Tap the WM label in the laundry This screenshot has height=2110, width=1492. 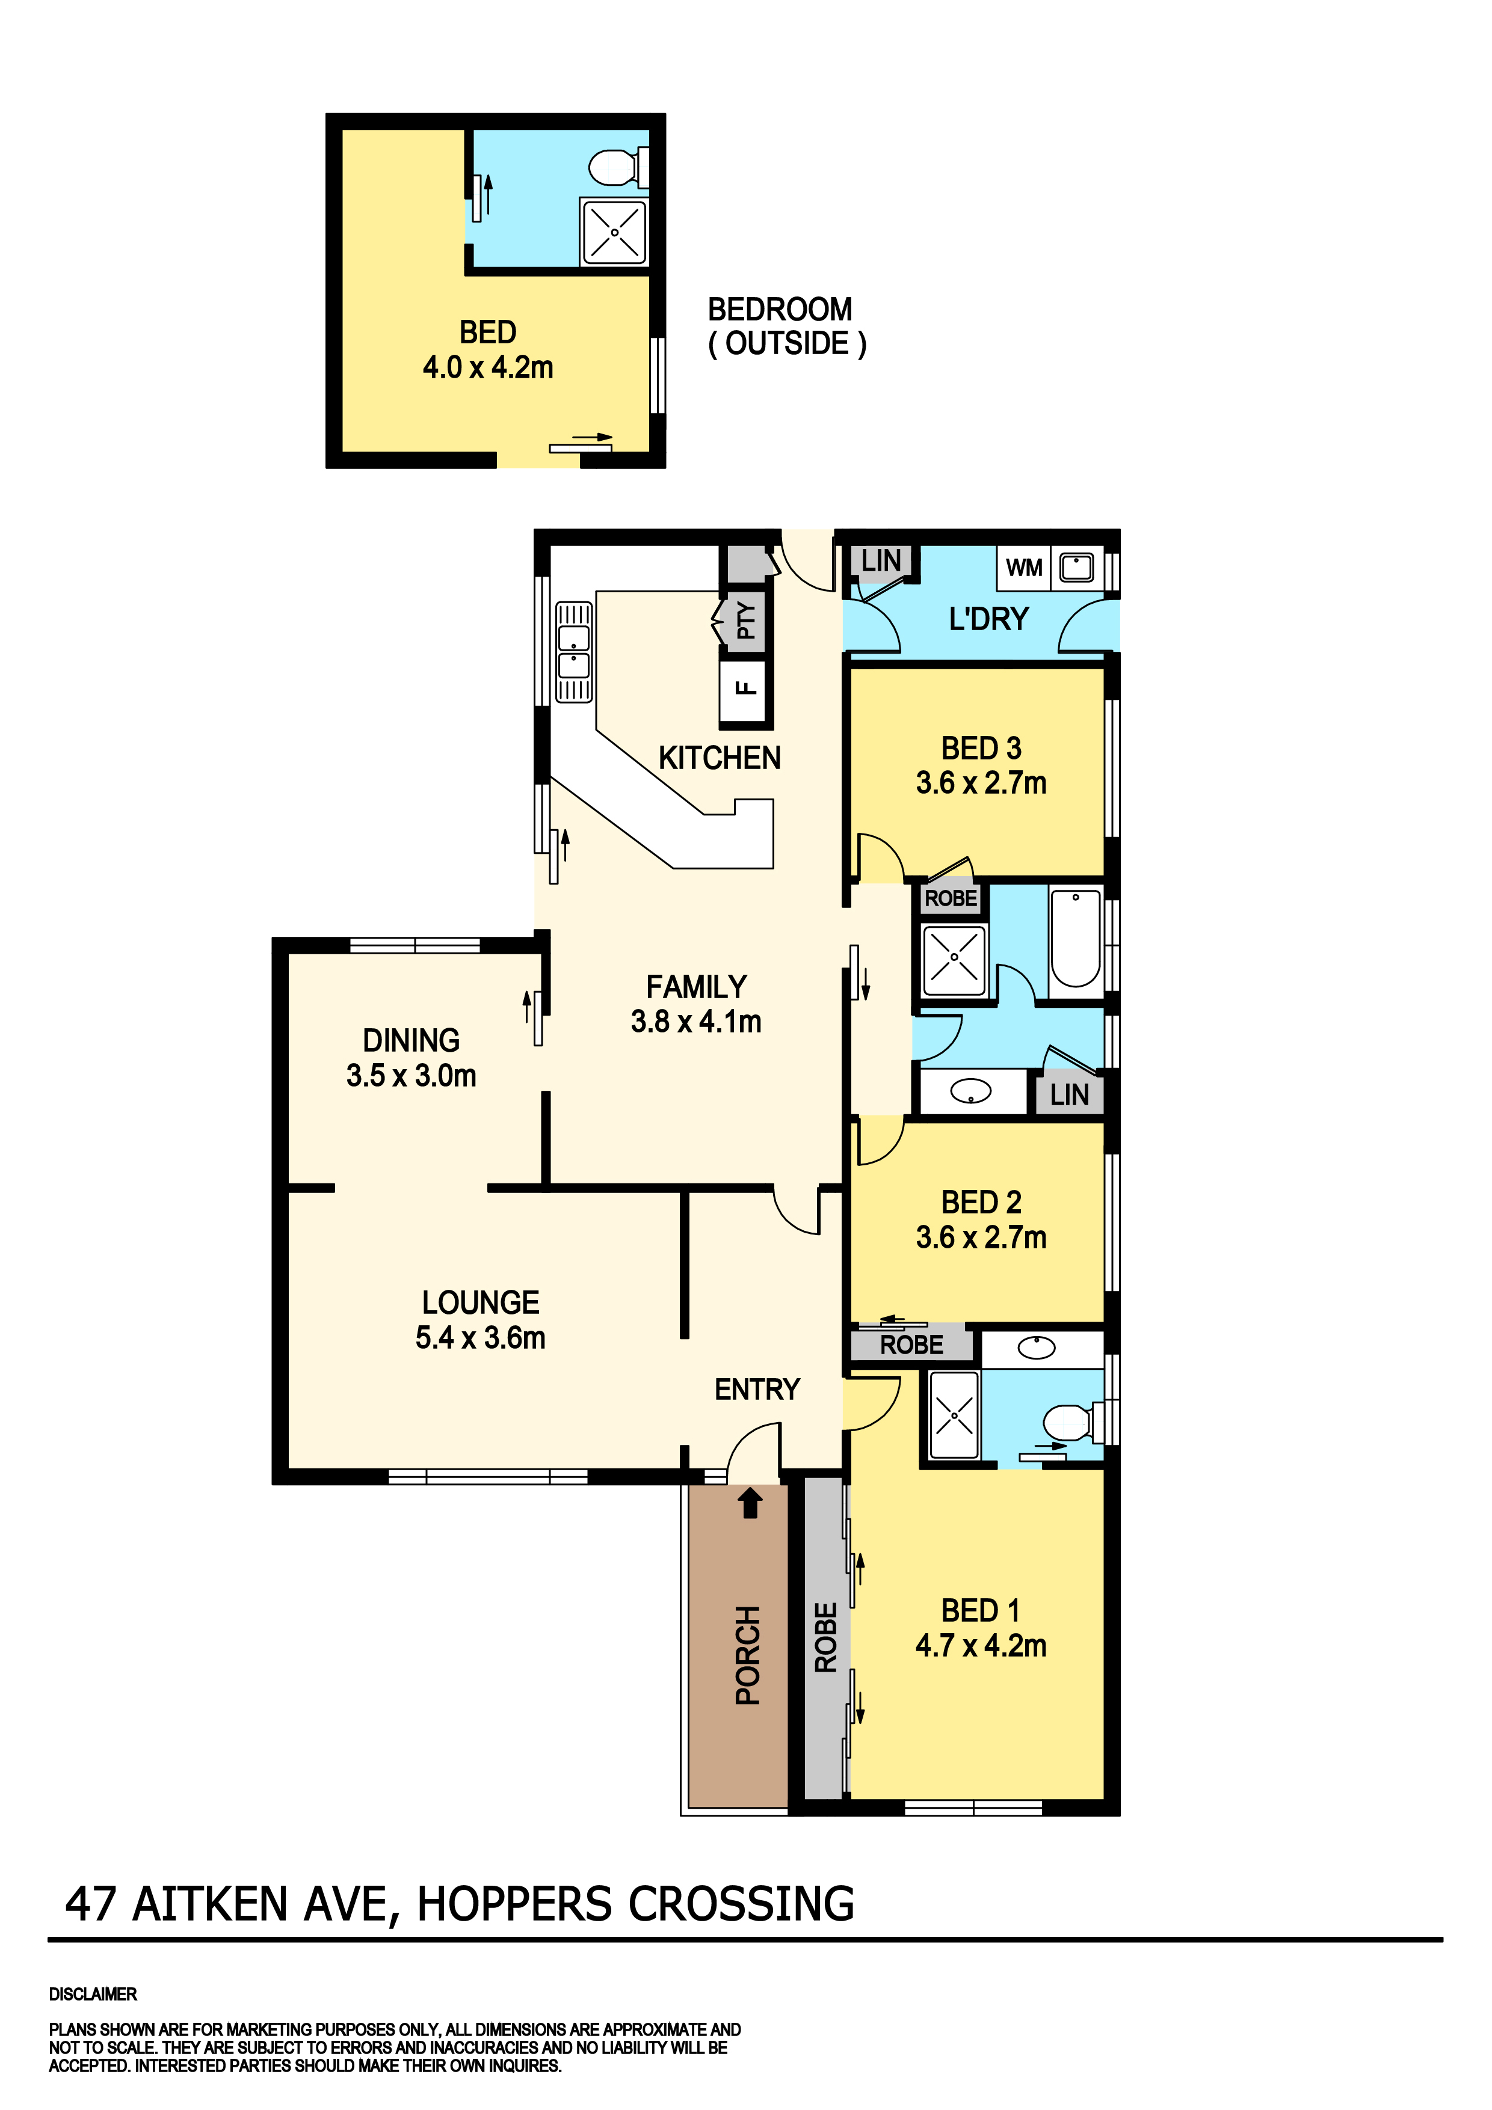(x=1023, y=568)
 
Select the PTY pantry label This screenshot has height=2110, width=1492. (x=745, y=621)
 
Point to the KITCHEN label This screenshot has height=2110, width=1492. (x=719, y=758)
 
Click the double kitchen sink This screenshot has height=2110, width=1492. (x=573, y=652)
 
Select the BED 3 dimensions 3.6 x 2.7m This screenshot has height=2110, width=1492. (x=980, y=783)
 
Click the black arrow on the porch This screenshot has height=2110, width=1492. (x=750, y=1503)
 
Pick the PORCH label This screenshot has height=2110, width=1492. (x=747, y=1655)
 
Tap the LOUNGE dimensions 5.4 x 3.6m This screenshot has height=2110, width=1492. (x=480, y=1338)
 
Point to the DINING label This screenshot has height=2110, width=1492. (x=411, y=1040)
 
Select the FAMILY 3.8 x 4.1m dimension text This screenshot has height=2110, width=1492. (x=696, y=1022)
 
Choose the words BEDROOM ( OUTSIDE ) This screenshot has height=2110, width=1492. (x=786, y=327)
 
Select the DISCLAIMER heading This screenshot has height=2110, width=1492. (x=93, y=1994)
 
